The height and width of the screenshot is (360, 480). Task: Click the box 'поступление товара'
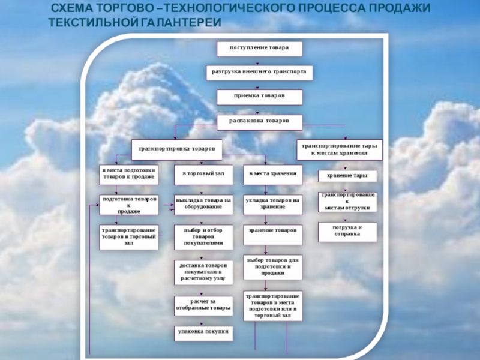tap(259, 48)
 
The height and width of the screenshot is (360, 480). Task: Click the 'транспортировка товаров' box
tap(176, 147)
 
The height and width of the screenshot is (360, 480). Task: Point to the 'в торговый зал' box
tap(203, 174)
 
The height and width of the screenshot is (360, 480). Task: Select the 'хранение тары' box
tap(347, 176)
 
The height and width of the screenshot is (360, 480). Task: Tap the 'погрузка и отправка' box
tap(347, 231)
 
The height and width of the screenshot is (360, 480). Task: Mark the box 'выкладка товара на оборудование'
tap(203, 204)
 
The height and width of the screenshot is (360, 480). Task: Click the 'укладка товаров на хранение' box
tap(273, 204)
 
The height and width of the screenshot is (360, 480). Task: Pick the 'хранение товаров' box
tap(273, 231)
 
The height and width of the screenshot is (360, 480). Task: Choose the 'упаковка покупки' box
tap(203, 332)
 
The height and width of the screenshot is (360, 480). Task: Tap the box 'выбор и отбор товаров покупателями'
tap(203, 236)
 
